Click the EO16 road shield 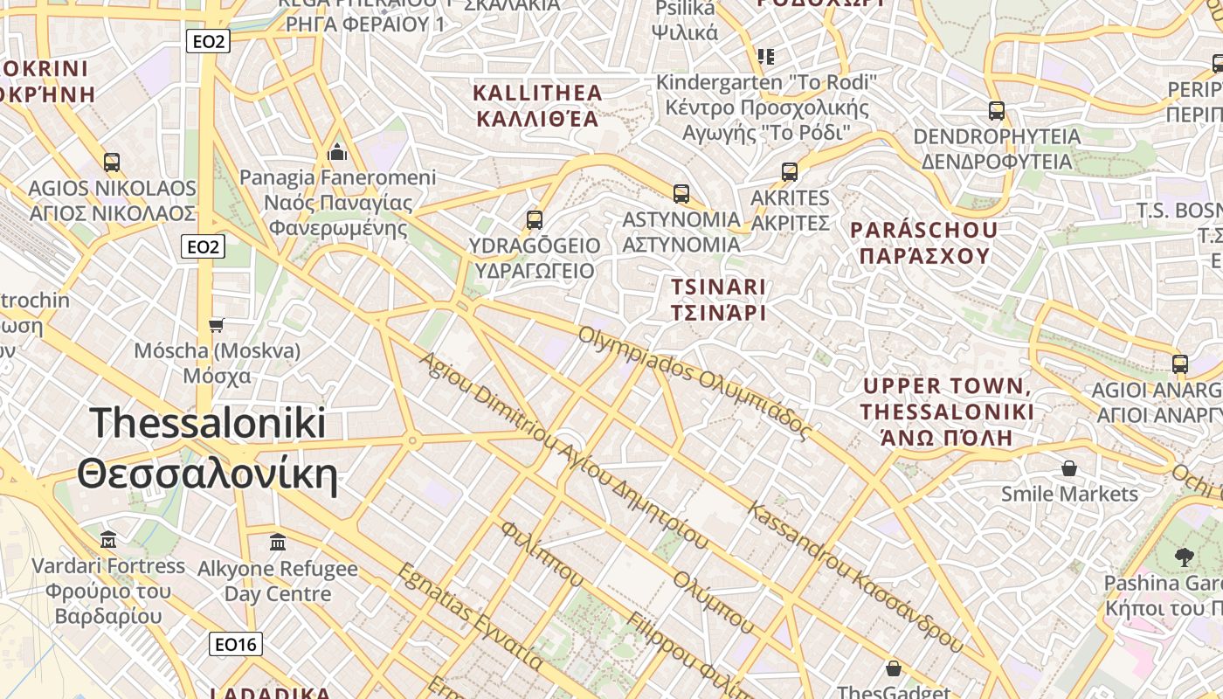pos(236,645)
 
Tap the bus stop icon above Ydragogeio pos(535,220)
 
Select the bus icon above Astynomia pos(681,194)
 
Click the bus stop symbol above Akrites pos(790,172)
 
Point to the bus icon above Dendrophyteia pos(997,111)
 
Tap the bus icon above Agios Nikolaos pos(112,162)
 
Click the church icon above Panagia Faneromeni pos(337,153)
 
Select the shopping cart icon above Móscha pos(217,325)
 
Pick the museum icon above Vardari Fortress pos(108,539)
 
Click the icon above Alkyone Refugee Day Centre pos(278,543)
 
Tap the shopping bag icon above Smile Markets pos(1069,468)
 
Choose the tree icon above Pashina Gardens pos(1185,557)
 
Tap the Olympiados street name pos(694,382)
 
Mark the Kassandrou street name pos(856,577)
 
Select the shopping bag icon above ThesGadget pos(894,669)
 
